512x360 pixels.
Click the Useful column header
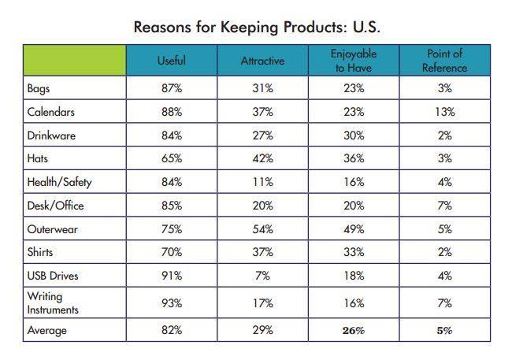pos(172,61)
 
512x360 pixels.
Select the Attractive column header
pos(262,61)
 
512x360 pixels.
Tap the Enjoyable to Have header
pos(354,61)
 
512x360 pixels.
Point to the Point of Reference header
pos(445,61)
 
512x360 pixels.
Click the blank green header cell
pos(75,61)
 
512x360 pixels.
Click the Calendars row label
pos(51,112)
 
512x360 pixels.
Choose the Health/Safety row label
pos(59,182)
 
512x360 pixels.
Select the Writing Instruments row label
pos(53,302)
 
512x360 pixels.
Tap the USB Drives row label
pos(53,276)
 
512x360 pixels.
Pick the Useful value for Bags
pos(172,88)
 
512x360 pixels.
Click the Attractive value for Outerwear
pos(262,229)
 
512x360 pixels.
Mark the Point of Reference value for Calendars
pos(445,112)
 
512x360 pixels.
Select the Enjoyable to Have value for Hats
pos(354,158)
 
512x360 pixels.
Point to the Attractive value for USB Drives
pos(262,276)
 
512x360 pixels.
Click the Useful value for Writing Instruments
pos(172,303)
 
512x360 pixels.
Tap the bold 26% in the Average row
pos(354,331)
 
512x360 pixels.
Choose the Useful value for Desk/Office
pos(172,206)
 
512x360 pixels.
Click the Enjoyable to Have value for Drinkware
pos(354,135)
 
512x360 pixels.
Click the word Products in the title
pos(314,27)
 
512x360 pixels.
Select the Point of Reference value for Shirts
pos(445,252)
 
